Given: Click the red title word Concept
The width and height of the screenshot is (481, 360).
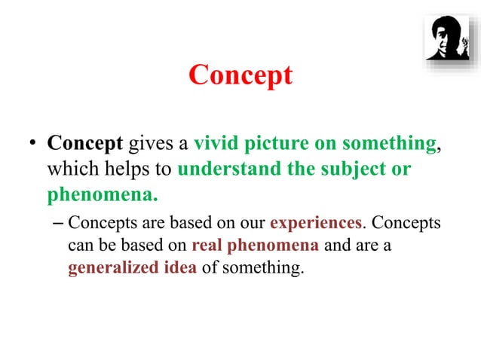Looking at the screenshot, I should [x=240, y=76].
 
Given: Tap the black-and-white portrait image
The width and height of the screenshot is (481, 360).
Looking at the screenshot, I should [x=446, y=38].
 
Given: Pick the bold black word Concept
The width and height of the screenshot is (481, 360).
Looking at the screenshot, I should [x=84, y=143].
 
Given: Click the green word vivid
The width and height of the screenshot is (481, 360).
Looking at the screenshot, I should [x=215, y=143].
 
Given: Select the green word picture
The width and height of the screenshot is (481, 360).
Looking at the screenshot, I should [x=273, y=143].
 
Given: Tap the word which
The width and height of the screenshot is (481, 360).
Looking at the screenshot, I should [x=69, y=169].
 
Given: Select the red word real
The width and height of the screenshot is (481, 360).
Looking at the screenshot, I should [x=207, y=246].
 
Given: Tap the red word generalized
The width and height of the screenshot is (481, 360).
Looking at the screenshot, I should [x=112, y=268].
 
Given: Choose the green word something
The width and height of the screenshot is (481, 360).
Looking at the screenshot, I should [x=390, y=143].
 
